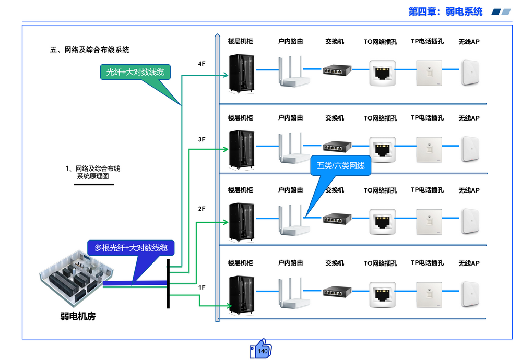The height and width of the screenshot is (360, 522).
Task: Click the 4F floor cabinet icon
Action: tap(241, 74)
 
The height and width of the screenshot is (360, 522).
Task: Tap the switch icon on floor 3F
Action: tap(333, 147)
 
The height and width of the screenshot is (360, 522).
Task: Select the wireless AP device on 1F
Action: tap(469, 294)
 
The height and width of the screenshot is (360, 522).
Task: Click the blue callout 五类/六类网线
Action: tap(340, 166)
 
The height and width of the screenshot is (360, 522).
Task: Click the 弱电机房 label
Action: tap(78, 316)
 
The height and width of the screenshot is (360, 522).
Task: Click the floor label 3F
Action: tap(201, 139)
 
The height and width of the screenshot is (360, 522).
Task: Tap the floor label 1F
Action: tap(201, 287)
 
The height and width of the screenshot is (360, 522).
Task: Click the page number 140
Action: tap(263, 351)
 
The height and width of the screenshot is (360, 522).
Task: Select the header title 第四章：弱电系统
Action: tap(445, 11)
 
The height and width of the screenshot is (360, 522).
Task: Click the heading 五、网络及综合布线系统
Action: tap(89, 50)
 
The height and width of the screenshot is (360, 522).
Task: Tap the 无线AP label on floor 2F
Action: tap(469, 190)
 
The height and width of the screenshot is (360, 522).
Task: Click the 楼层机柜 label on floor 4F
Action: tap(240, 41)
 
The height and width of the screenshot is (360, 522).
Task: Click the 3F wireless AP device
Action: tap(469, 149)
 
